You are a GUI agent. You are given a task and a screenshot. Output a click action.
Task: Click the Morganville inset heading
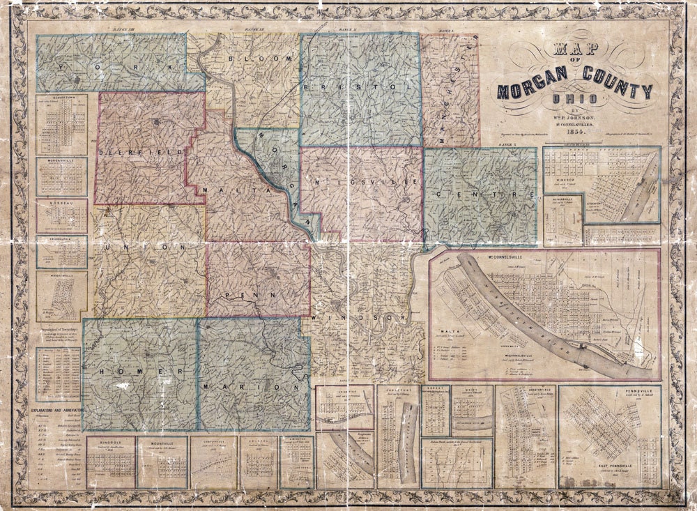tap(61, 162)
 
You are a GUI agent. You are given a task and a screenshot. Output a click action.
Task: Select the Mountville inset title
tap(162, 441)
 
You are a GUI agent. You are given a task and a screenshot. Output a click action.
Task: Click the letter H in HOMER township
tap(102, 372)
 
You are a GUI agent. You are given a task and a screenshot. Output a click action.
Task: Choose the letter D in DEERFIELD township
tap(102, 151)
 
